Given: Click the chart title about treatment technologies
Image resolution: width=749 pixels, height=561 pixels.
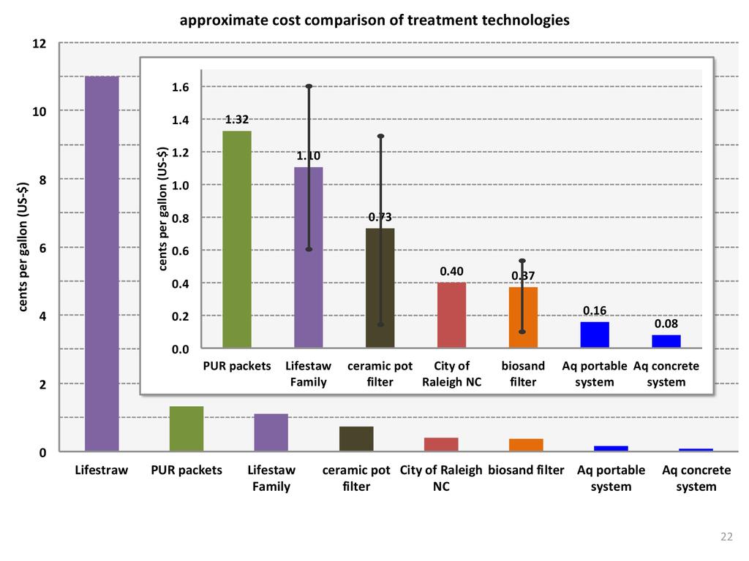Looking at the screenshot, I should (374, 20).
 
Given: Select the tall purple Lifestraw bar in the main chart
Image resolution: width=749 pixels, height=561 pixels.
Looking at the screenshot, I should (102, 263).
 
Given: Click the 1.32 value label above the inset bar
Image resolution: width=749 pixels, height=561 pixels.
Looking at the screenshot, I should (236, 120).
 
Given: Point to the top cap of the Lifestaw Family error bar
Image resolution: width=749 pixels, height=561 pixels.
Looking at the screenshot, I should (309, 86).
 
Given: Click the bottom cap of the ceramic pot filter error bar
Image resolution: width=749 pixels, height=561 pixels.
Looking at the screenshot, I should (380, 324).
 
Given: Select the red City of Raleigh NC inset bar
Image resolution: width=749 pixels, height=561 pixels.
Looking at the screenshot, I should (451, 315).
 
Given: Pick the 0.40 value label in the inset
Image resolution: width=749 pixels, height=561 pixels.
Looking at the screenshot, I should (451, 272).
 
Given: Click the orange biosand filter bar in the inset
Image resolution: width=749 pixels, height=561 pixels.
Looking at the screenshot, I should (523, 318).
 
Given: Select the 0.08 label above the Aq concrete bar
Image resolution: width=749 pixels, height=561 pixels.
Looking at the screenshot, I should (666, 324).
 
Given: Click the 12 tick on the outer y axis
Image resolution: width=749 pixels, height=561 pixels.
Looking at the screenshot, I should (39, 44).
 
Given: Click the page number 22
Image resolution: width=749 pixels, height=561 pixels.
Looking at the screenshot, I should (726, 537).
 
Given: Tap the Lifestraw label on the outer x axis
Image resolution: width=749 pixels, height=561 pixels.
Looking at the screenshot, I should (101, 470).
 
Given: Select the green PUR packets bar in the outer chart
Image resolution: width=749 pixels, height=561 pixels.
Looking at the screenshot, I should (187, 429).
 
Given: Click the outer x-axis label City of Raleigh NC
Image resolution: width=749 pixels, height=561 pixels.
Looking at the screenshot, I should (441, 478).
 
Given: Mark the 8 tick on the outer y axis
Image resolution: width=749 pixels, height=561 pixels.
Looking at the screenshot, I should (42, 180).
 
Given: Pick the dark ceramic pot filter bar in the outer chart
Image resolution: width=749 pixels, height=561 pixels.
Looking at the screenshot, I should (356, 439).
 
